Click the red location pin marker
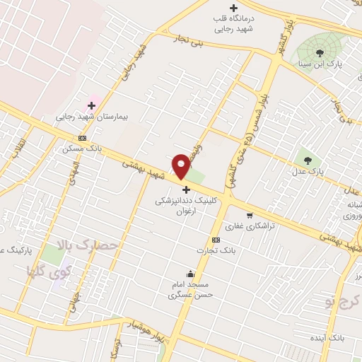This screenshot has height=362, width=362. pyautogui.click(x=181, y=165)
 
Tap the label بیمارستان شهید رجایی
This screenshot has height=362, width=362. pyautogui.click(x=90, y=117)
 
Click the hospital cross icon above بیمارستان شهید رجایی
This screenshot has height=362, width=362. pyautogui.click(x=91, y=105)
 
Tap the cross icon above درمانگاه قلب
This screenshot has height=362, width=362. pyautogui.click(x=233, y=8)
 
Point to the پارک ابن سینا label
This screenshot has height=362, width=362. pyautogui.click(x=320, y=64)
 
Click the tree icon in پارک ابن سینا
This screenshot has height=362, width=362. pyautogui.click(x=320, y=52)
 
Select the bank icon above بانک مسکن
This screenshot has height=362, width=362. pyautogui.click(x=83, y=139)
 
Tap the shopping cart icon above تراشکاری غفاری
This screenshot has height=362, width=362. pyautogui.click(x=250, y=216)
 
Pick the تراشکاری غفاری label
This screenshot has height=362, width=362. pyautogui.click(x=249, y=227)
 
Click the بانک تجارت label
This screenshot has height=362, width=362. pyautogui.click(x=215, y=250)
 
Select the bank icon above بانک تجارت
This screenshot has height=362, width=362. pyautogui.click(x=215, y=239)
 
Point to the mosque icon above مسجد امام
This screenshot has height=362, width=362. pyautogui.click(x=190, y=274)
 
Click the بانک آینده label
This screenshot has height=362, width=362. pyautogui.click(x=331, y=339)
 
